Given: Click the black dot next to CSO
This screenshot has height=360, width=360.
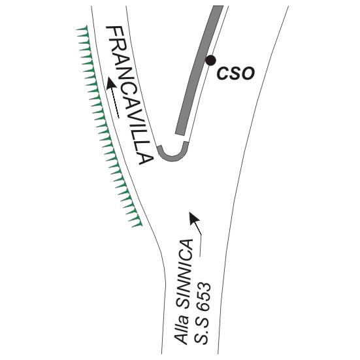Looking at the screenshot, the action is (210, 60).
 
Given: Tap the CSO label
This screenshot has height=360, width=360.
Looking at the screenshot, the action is (236, 73).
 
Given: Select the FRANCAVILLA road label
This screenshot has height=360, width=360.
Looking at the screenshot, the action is (129, 95).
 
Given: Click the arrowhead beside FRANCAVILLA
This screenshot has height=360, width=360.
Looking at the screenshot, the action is (112, 84).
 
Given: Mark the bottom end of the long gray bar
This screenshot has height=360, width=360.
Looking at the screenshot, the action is (180, 134).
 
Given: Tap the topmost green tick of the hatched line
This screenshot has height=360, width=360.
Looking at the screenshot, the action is (82, 29).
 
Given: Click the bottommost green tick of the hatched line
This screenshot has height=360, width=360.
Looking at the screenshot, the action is (137, 225).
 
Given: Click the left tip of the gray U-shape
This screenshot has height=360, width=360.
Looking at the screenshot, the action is (159, 146).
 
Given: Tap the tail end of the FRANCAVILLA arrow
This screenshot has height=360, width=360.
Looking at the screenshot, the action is (119, 118).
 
